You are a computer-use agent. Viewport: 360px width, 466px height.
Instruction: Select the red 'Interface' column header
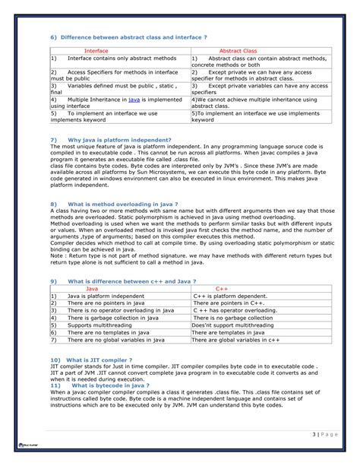[96, 50]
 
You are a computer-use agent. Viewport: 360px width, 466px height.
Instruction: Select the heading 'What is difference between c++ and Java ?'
[122, 281]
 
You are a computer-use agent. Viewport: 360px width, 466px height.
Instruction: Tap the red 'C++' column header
[223, 289]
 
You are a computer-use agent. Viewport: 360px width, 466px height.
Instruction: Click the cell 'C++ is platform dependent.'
[229, 296]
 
